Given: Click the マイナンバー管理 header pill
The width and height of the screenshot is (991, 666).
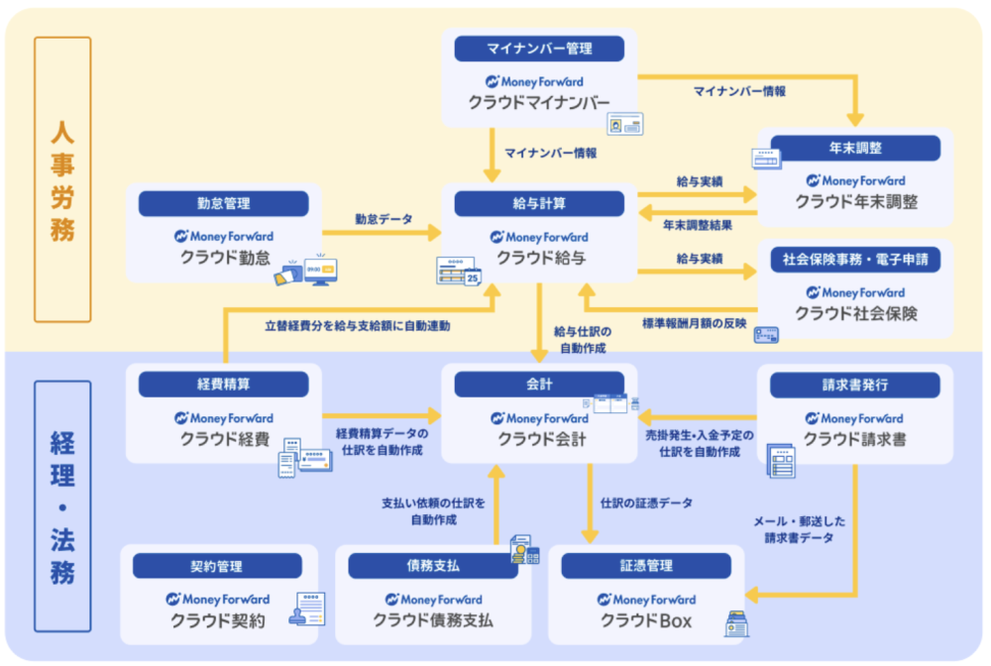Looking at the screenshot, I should point(539,49).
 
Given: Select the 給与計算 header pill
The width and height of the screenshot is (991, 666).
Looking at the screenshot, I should point(539,203).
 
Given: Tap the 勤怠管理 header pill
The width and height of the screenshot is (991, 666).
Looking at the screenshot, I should point(223,203).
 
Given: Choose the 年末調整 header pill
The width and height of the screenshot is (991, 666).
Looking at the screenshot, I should point(855,148).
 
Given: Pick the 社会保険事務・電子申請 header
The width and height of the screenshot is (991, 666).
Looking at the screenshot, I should point(855,260).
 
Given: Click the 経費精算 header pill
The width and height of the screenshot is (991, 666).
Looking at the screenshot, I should point(223,385).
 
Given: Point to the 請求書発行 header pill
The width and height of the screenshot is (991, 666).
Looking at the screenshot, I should point(855,385).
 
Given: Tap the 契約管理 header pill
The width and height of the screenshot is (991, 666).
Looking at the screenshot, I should point(217,566).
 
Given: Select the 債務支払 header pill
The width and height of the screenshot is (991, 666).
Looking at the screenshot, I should point(433,566).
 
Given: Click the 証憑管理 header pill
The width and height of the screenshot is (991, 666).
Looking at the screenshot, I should point(646,566).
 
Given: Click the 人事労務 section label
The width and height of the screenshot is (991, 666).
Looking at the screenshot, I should point(62,179).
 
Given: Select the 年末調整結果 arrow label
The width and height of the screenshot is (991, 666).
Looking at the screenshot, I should point(698,226).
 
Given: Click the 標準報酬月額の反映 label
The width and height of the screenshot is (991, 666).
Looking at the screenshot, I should point(688,323).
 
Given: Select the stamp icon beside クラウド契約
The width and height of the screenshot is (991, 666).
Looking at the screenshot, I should point(298,617).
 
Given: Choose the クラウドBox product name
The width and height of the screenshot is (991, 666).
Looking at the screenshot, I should point(645,621).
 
